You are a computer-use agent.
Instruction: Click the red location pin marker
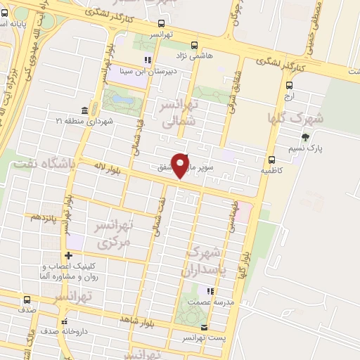[x=181, y=165]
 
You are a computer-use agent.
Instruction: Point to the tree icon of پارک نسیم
[x=304, y=138]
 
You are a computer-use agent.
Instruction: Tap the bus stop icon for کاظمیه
[x=272, y=159]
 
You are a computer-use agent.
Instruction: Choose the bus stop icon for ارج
[x=288, y=82]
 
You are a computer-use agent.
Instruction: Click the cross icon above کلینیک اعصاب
[x=67, y=255]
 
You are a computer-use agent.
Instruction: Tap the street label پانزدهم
[x=42, y=217]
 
